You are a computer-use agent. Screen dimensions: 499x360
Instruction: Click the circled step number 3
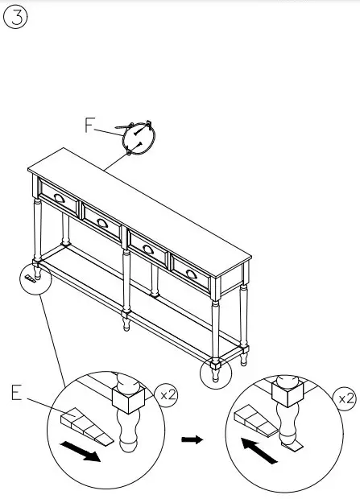(x=16, y=18)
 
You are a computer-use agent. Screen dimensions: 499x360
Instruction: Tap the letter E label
(x=19, y=394)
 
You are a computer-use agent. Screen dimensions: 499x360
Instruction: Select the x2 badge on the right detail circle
(x=345, y=398)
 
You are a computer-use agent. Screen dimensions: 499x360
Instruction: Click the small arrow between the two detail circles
(x=191, y=439)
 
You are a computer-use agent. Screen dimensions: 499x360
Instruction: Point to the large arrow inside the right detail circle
(x=260, y=451)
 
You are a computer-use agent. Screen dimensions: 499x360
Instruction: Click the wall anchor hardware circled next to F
(x=139, y=135)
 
